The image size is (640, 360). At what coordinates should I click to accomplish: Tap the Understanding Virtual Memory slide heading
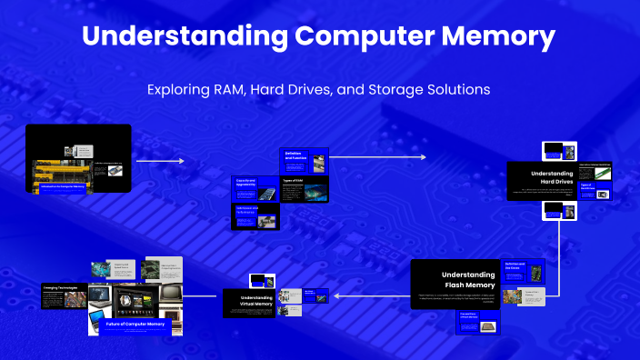[x=255, y=301]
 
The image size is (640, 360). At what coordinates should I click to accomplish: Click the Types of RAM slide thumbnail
[x=305, y=189]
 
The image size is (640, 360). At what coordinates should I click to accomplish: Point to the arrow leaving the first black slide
[x=159, y=161]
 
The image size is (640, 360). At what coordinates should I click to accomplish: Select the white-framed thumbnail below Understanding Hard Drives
[x=557, y=210]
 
